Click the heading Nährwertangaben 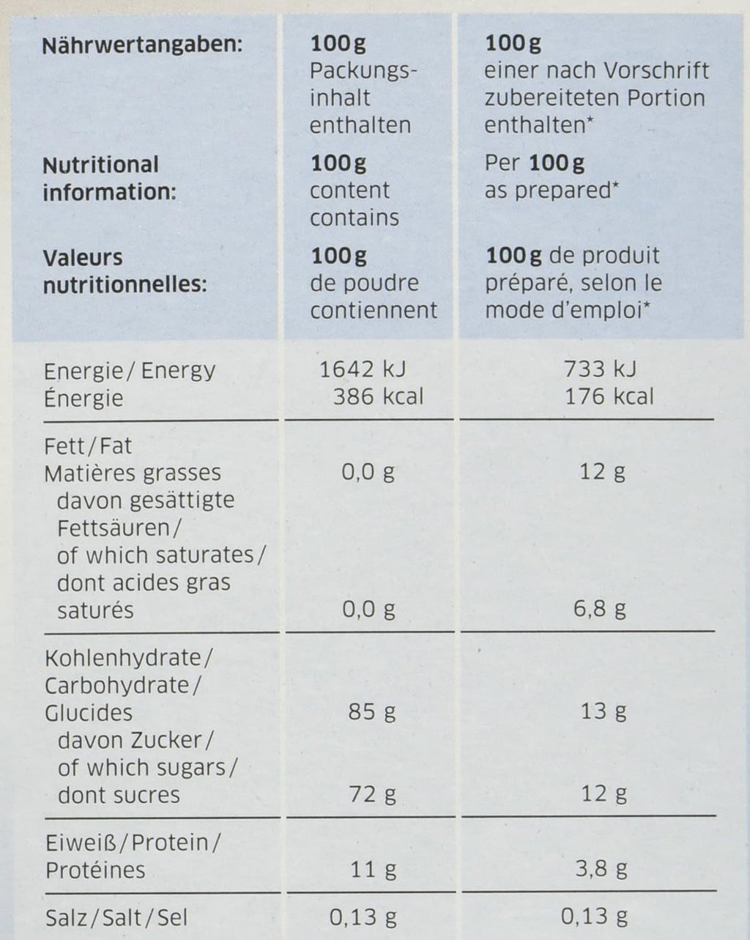click(141, 46)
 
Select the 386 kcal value click(378, 396)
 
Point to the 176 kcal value click(609, 396)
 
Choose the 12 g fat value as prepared click(602, 471)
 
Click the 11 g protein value click(373, 870)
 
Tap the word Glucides click(89, 712)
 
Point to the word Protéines click(95, 870)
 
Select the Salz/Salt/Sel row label click(116, 917)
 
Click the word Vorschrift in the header click(657, 71)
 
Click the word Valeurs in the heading click(82, 257)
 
